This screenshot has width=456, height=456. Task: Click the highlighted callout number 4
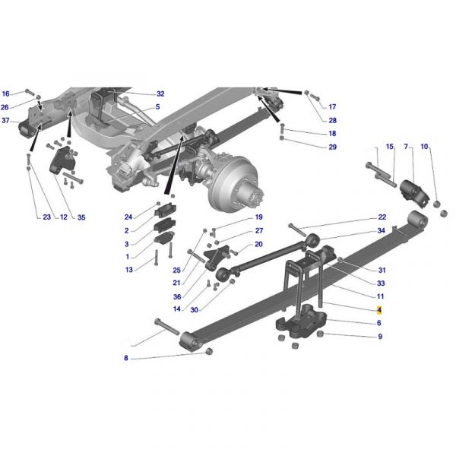[379, 310]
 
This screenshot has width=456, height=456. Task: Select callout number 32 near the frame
[160, 93]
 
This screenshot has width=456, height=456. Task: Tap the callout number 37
[5, 120]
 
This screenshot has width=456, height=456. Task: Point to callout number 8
[126, 358]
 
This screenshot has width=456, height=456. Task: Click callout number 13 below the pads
[129, 270]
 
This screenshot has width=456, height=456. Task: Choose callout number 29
[332, 147]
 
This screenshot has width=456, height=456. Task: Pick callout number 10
[425, 147]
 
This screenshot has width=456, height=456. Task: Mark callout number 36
[177, 296]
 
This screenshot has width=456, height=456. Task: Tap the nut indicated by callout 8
[209, 351]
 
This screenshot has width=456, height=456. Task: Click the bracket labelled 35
[62, 160]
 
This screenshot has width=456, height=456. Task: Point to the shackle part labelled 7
[414, 193]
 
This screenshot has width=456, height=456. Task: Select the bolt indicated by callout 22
[297, 230]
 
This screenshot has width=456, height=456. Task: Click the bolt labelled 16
[30, 92]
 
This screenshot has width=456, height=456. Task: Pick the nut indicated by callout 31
[340, 259]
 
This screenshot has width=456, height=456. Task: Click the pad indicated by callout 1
[164, 238]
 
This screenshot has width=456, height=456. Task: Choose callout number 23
[47, 217]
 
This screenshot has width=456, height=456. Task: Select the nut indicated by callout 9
[320, 334]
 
